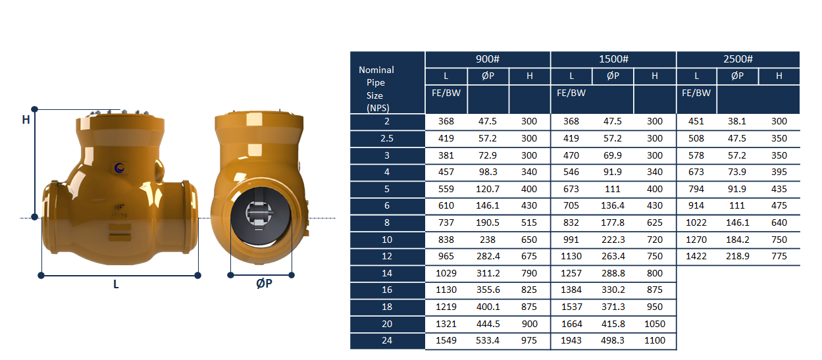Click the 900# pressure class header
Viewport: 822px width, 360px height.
(487, 59)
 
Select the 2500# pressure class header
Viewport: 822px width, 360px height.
(738, 59)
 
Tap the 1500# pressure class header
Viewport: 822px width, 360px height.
(613, 59)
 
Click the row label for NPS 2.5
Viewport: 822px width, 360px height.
(387, 138)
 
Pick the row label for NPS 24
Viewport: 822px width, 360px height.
(387, 340)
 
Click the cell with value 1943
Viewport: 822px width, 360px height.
(571, 340)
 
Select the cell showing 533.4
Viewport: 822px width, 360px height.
(487, 340)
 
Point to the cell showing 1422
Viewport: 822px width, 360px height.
(696, 256)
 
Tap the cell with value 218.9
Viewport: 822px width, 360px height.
(738, 256)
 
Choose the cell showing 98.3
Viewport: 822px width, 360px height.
(487, 172)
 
